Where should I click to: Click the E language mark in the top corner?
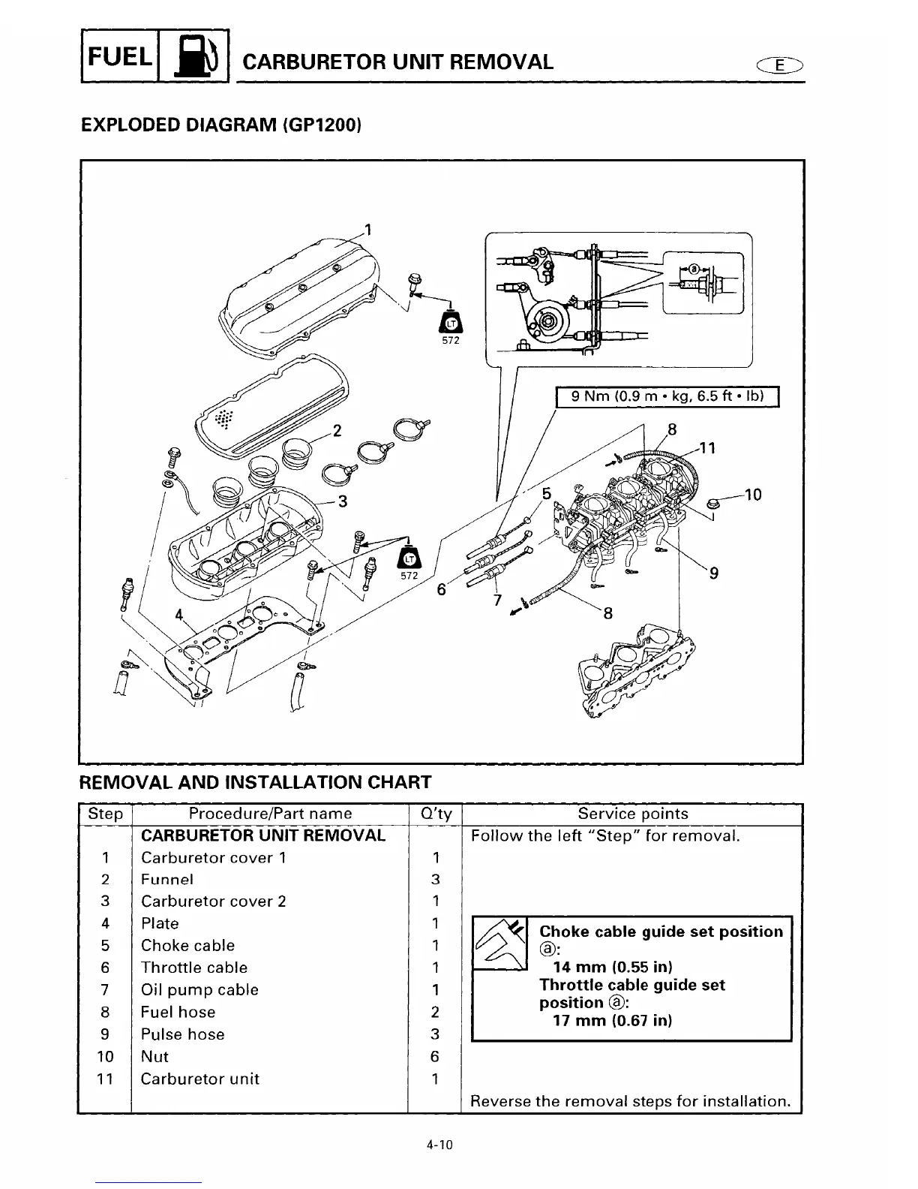coord(780,65)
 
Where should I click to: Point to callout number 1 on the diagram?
coord(367,229)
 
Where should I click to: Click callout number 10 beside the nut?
coord(753,495)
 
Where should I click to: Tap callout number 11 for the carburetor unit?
coord(707,448)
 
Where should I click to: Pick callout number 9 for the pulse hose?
coord(714,573)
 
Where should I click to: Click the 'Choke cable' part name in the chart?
coord(187,946)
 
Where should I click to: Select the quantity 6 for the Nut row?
coord(435,1057)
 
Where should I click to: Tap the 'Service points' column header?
coord(632,814)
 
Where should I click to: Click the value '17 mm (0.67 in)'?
coord(612,1021)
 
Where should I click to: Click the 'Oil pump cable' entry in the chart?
coord(199,990)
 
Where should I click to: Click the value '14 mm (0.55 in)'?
coord(612,967)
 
